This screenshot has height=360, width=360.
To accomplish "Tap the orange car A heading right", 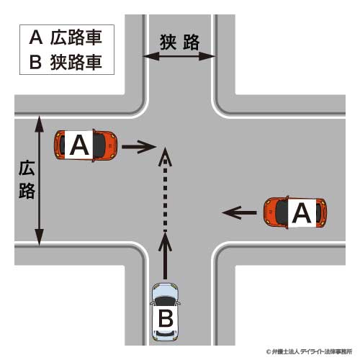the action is tap(86, 145).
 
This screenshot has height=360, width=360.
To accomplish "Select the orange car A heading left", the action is tap(295, 212).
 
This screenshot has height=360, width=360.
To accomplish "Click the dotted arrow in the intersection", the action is tap(165, 189).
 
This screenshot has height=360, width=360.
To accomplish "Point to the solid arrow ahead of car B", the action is tap(165, 256).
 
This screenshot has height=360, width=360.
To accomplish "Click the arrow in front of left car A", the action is tap(139, 147).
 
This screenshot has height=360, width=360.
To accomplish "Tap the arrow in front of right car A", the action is tap(239, 212).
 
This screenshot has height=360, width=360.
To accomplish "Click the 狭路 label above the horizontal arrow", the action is tap(180, 42).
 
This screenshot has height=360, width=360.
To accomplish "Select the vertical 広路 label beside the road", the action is tap(27, 180).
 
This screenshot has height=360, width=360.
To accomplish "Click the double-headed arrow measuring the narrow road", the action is tap(179, 57).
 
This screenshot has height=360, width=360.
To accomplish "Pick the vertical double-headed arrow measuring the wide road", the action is tap(39, 181).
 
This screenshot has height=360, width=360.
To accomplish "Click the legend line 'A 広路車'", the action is tap(66, 37).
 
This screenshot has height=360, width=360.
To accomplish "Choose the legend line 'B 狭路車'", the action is tap(66, 62).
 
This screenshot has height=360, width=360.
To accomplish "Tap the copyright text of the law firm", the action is tap(309, 352).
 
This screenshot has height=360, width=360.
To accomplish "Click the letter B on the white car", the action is tap(166, 318).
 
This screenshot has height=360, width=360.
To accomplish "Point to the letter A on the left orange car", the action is tap(79, 145).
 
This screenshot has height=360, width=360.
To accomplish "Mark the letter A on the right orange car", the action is tap(302, 212).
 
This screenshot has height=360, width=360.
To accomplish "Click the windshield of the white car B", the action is tap(165, 301).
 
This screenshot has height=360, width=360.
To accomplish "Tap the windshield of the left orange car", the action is tap(99, 145).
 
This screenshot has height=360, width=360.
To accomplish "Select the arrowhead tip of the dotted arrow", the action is tap(165, 148).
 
